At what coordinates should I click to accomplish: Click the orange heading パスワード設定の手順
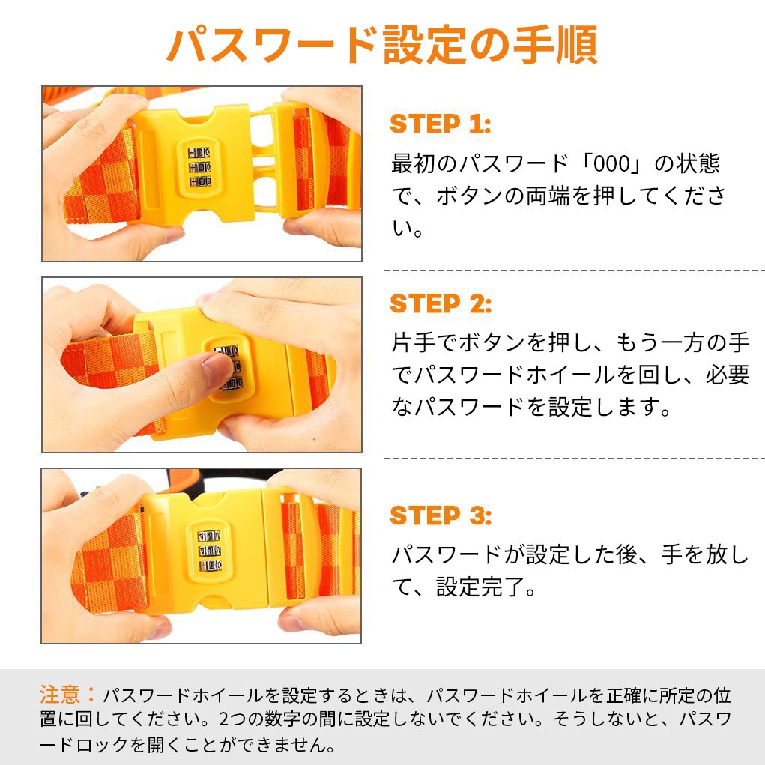[x=382, y=46]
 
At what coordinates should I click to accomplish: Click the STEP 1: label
[x=440, y=124]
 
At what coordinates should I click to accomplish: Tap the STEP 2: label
[x=441, y=304]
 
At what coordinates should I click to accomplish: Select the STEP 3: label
[x=441, y=515]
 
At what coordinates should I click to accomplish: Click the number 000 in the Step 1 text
[x=612, y=164]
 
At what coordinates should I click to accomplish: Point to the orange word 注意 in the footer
[x=59, y=695]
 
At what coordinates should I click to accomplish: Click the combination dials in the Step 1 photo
[x=199, y=167]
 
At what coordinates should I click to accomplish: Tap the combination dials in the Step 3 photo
[x=209, y=551]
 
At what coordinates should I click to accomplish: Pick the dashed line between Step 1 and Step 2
[x=574, y=270]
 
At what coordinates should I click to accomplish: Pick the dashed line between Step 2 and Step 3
[x=574, y=459]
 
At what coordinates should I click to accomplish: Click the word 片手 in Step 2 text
[x=414, y=343]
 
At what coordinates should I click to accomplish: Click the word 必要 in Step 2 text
[x=728, y=375]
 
